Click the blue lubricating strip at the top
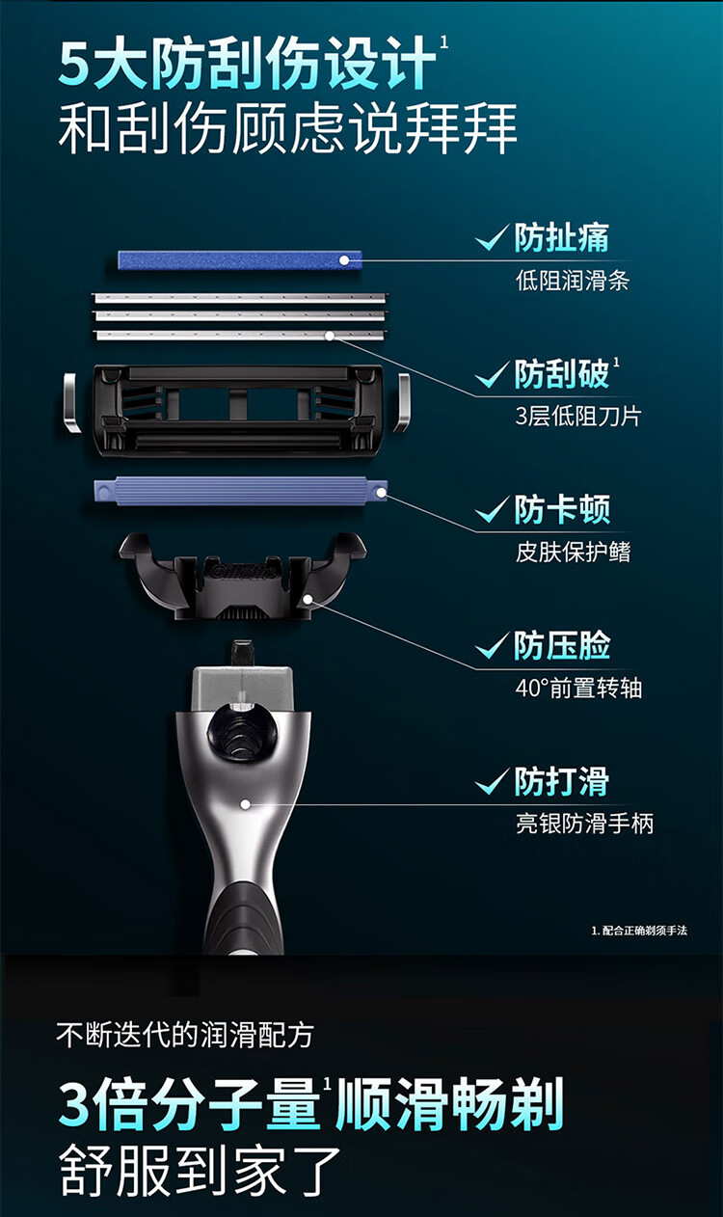coord(239,259)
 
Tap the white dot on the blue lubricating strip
coord(344,260)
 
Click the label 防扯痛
coord(562,238)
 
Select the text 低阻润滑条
coord(573,281)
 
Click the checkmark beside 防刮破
coord(493,374)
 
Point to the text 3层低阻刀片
coord(578,417)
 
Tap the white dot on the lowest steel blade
coord(329,336)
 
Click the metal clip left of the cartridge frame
coord(71,402)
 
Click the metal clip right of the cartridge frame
coord(401,402)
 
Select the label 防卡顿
coord(562,509)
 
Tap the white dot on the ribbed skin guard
coord(382,493)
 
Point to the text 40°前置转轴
coord(579,688)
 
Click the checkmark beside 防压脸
coord(493,645)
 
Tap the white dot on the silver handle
coord(246,804)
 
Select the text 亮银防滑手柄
coord(584,824)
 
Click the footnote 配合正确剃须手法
coord(645,931)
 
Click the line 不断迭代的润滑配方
coord(185,1035)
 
